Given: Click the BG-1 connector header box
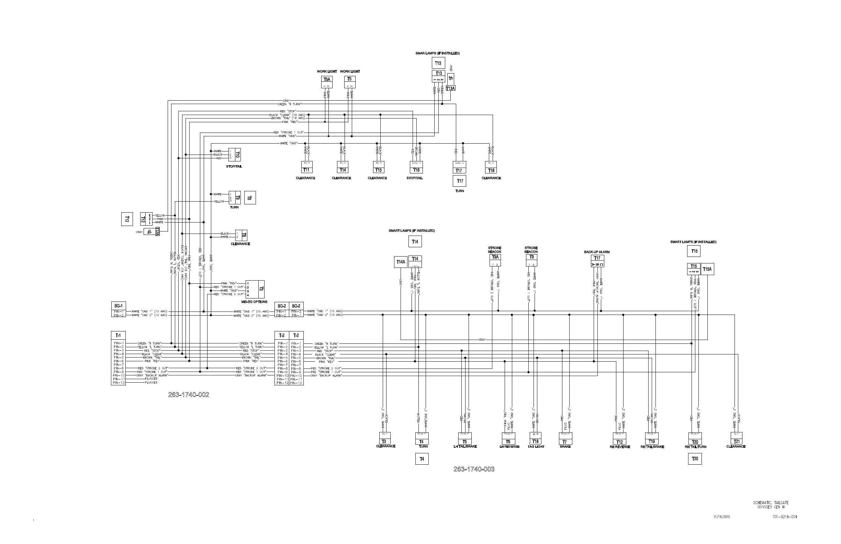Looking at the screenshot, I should click(119, 306).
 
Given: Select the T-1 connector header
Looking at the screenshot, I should click(118, 335).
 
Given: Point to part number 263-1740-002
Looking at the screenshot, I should click(189, 395).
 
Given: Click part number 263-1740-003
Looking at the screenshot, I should click(474, 469).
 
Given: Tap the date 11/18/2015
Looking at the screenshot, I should click(721, 517).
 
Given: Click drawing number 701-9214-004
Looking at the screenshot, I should click(785, 517).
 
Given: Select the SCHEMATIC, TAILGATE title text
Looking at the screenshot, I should click(771, 503).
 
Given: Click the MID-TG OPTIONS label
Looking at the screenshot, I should click(255, 302).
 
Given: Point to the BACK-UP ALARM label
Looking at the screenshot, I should click(597, 252).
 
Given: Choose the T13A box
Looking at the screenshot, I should click(450, 88).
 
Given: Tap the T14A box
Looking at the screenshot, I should click(401, 262).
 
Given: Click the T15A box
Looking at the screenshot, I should click(707, 269).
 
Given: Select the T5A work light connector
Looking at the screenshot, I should click(327, 79).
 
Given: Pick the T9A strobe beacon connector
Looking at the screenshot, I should click(495, 257).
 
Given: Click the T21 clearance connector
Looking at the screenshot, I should click(737, 442).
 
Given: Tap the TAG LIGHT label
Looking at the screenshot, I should click(536, 447).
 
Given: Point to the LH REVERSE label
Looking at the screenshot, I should click(509, 447).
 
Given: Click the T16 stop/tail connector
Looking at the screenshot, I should click(416, 170).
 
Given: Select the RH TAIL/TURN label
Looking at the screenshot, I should click(695, 447).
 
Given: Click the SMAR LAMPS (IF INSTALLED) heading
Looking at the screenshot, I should click(437, 53).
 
